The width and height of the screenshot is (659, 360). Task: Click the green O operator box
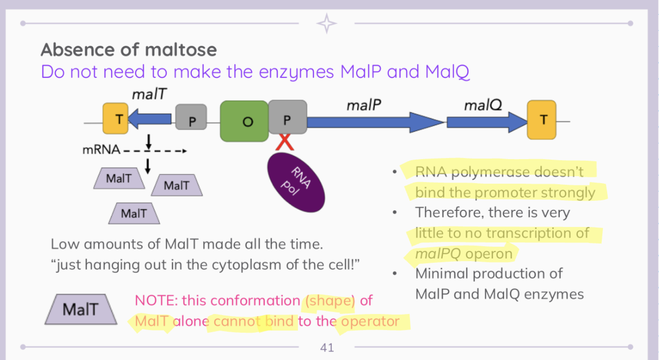click(244, 121)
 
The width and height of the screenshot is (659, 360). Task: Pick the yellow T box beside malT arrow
click(116, 119)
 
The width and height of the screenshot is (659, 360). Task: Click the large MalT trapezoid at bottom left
click(81, 309)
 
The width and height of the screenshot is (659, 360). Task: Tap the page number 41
click(327, 348)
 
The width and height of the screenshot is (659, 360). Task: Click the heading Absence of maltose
click(129, 50)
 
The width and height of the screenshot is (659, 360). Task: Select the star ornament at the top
click(326, 23)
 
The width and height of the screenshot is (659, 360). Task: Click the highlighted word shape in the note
click(330, 301)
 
